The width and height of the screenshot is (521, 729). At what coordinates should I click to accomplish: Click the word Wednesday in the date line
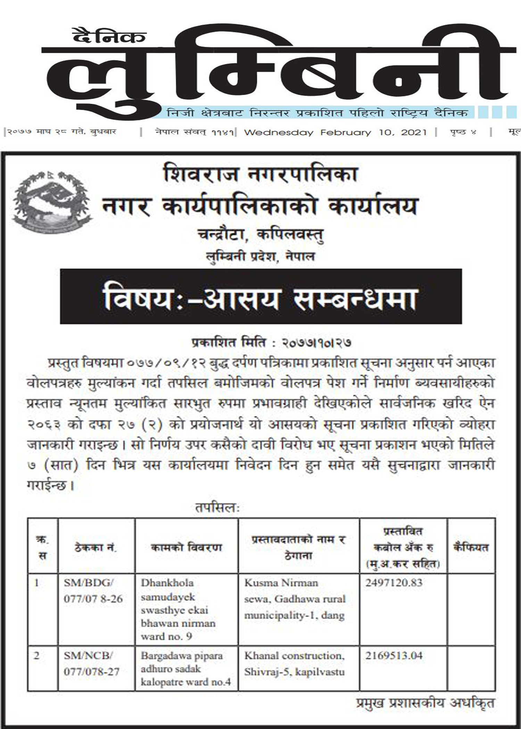(279, 132)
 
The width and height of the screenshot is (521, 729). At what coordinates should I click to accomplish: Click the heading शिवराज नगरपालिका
(261, 174)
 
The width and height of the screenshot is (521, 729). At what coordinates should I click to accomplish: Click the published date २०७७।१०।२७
(316, 343)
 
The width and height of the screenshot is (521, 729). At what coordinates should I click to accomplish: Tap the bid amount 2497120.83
(394, 583)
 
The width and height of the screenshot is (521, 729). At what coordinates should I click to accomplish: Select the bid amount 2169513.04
(394, 656)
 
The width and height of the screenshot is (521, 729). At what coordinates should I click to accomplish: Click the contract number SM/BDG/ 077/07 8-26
(93, 590)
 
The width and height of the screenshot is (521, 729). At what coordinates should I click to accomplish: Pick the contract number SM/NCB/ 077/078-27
(91, 663)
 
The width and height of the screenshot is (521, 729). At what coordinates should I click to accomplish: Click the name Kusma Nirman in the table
(281, 583)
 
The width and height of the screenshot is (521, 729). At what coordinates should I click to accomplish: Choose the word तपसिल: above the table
(217, 508)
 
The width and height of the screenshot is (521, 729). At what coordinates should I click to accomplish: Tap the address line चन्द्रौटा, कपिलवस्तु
(260, 235)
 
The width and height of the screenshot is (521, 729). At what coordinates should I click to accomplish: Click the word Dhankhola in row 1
(167, 583)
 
